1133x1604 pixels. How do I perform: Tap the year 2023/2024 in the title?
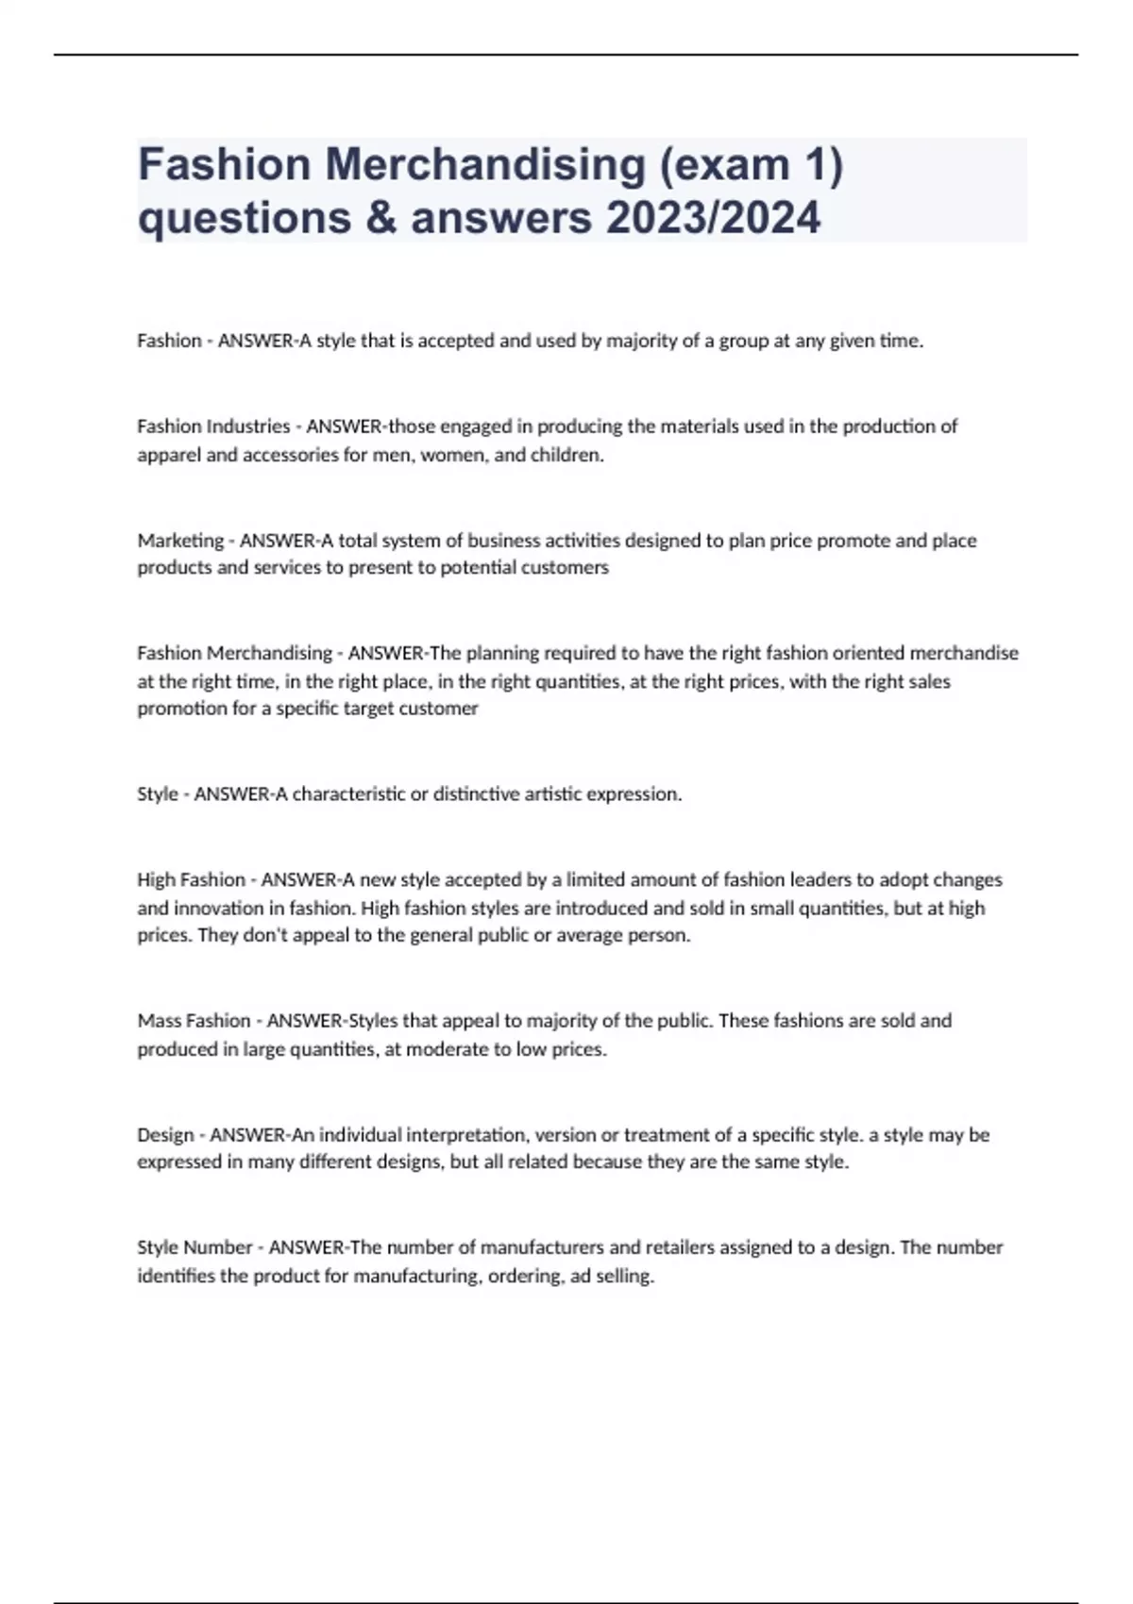tap(714, 218)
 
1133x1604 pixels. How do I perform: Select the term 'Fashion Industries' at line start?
tap(213, 426)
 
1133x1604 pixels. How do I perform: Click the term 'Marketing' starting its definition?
tap(180, 541)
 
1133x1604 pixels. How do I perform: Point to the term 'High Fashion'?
tap(191, 879)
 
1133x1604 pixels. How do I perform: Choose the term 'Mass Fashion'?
tap(194, 1021)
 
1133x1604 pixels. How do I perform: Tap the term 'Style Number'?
tap(194, 1247)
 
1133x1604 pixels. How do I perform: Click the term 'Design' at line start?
tap(165, 1134)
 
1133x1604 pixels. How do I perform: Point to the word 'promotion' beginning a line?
tap(177, 709)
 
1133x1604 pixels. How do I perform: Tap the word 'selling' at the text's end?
tap(624, 1277)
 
